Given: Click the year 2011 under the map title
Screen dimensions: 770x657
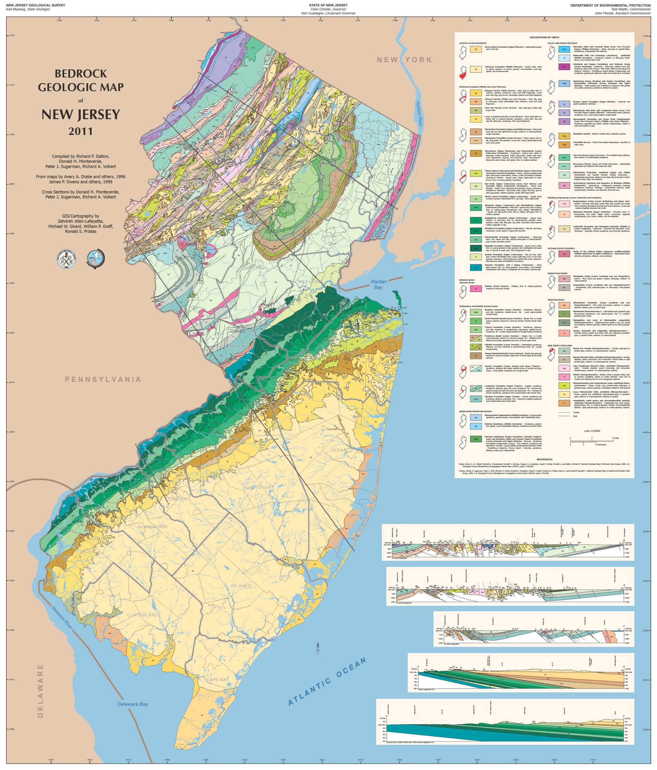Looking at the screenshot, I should pos(80,131).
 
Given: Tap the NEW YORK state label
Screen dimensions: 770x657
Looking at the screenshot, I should pos(404,60).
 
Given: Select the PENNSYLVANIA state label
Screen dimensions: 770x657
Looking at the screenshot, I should pos(103,379).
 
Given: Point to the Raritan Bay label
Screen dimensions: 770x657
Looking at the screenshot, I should pos(378,284).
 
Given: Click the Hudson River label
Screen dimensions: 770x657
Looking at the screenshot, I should pos(419,114).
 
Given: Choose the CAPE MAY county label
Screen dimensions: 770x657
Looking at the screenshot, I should pos(218,680).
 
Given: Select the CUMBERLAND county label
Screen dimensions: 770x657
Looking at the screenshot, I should pos(142,615).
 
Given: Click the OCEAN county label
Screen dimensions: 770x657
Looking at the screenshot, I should pos(339,450).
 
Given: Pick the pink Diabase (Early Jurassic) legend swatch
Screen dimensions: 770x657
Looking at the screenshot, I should pos(476,288).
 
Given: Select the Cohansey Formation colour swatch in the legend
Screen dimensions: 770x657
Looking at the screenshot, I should pos(476,69).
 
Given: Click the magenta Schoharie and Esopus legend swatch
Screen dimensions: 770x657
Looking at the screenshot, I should pos(564,67).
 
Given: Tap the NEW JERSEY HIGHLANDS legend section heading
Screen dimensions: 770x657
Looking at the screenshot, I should pos(559,346).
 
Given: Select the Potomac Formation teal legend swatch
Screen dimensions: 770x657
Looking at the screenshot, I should pos(476,267).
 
